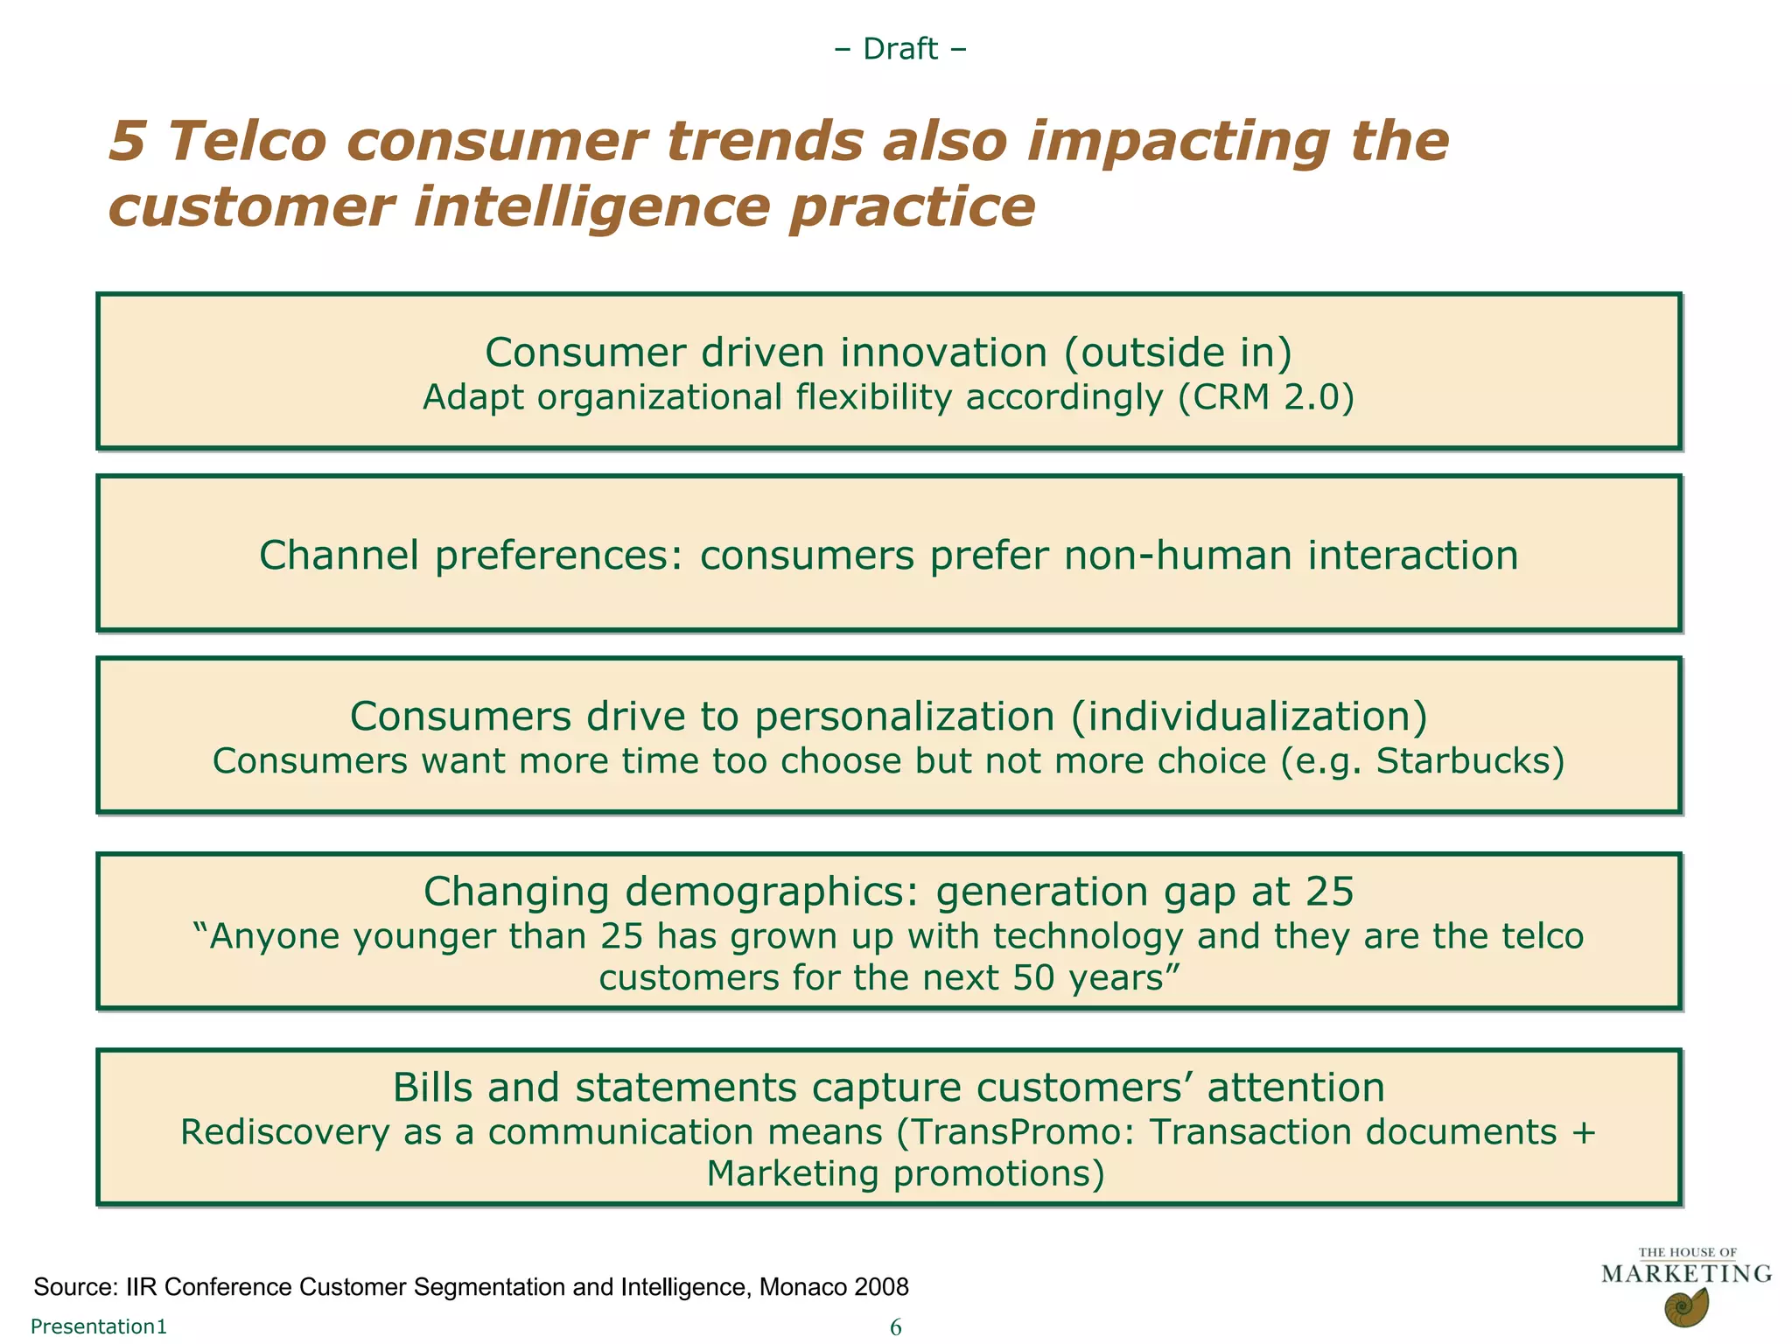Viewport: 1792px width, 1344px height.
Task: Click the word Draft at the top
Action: pyautogui.click(x=900, y=49)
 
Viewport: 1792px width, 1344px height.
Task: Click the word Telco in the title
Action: pyautogui.click(x=248, y=142)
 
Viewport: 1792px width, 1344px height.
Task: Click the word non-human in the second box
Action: pyautogui.click(x=1178, y=556)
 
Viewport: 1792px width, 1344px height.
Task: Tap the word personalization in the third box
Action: pyautogui.click(x=904, y=717)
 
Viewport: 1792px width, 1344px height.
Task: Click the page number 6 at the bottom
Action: pyautogui.click(x=895, y=1327)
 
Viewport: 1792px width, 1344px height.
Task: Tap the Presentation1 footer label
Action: pyautogui.click(x=99, y=1326)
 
